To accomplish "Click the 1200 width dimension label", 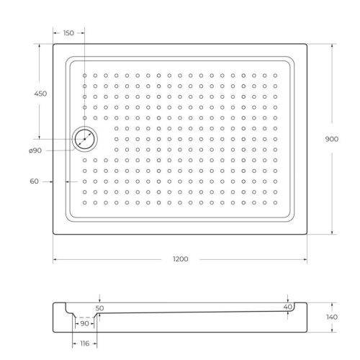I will click(x=180, y=258).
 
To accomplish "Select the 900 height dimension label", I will click(x=332, y=139).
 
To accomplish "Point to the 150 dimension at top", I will click(x=68, y=33).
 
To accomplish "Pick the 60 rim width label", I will click(x=34, y=181).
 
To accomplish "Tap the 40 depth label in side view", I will click(x=288, y=307).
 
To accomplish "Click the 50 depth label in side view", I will click(x=99, y=307).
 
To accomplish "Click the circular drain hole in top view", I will click(x=85, y=139).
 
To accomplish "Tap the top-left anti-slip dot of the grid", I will click(x=84, y=75).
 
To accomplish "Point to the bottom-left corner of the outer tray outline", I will click(x=53, y=235).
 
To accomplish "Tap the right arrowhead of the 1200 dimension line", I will click(x=305, y=258).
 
